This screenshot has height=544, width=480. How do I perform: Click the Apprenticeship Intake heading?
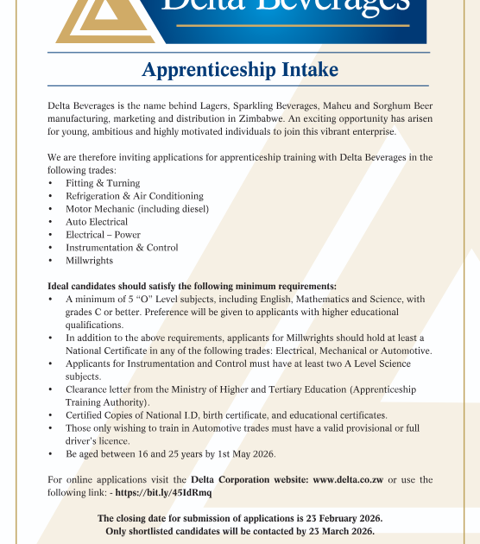240,69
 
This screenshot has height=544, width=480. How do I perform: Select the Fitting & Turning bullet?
102,183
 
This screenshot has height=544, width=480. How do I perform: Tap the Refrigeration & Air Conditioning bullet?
134,196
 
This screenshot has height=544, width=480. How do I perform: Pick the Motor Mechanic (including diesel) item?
136,209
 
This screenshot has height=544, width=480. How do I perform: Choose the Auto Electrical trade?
96,222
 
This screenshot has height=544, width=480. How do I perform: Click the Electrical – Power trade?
103,235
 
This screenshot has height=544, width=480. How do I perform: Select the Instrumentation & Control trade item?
122,248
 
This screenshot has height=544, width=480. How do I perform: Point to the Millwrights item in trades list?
89,261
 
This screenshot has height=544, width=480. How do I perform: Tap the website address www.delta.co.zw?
348,479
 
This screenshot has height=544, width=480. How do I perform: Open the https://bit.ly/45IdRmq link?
163,492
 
